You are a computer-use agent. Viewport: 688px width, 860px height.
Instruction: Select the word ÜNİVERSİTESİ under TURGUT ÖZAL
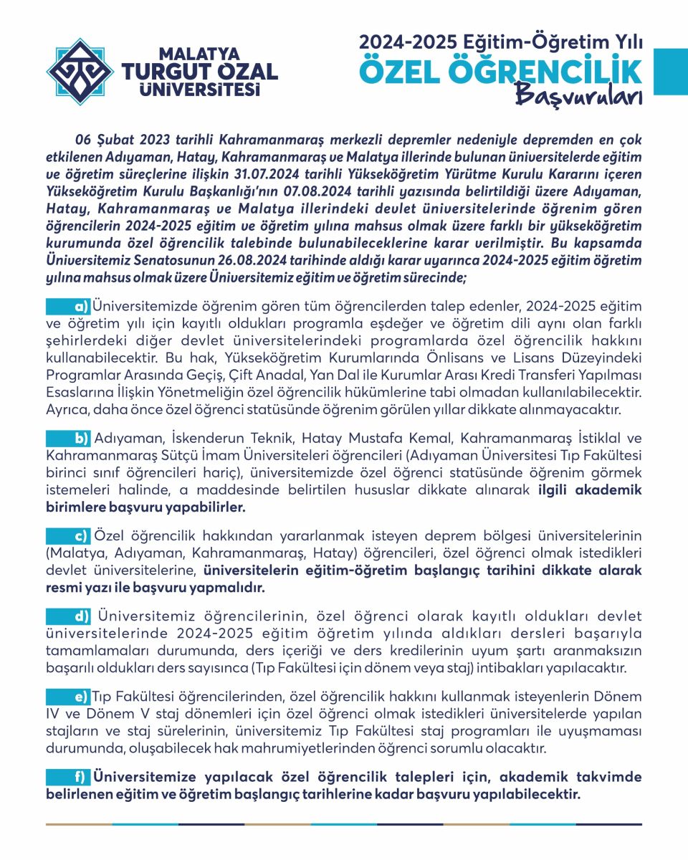coord(199,90)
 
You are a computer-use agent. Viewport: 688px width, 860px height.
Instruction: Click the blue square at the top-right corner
coord(672,72)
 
